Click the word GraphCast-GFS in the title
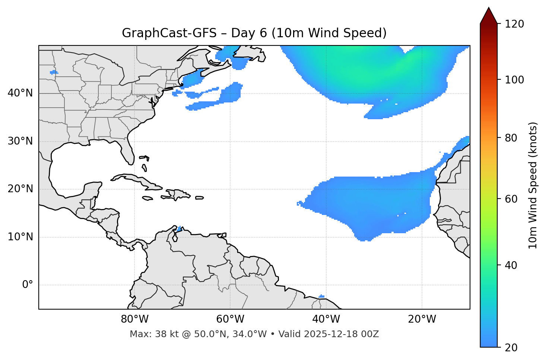point(169,33)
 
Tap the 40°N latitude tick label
point(20,93)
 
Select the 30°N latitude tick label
point(20,141)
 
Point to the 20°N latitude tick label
point(20,189)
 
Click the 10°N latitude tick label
point(20,237)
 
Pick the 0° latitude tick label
point(28,285)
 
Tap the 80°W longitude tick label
point(134,319)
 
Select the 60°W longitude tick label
point(230,319)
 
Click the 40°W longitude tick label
point(326,319)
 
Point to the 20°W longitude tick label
point(422,319)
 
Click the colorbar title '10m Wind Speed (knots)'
point(533,185)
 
